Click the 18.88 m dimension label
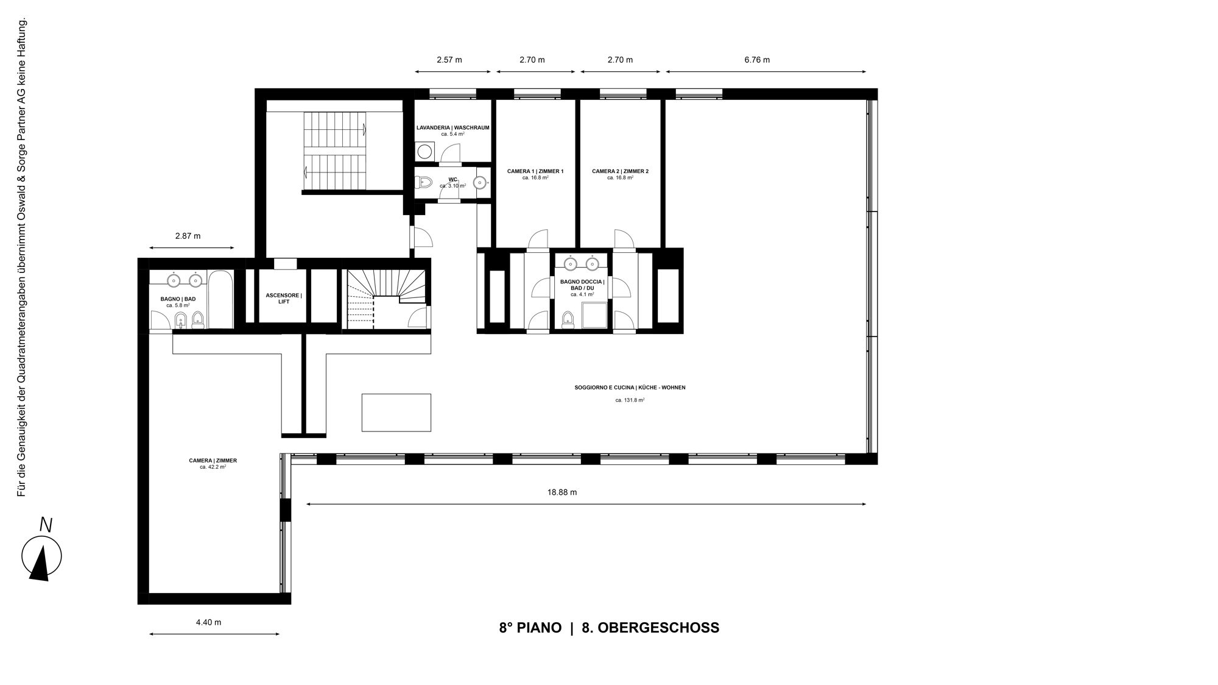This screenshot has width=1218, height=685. point(561,492)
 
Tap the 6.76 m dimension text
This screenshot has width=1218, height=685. point(757,60)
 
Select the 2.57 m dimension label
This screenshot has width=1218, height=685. point(449,60)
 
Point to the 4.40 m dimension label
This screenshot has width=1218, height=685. point(208,622)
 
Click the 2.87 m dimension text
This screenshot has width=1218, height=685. point(188,236)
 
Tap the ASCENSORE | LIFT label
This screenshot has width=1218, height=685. point(283,299)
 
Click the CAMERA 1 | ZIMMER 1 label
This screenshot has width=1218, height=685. point(535,171)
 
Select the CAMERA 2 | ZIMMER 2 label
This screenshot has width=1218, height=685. point(620,171)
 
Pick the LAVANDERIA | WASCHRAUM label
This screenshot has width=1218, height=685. point(452,128)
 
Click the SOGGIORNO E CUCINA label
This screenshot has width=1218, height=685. point(630,388)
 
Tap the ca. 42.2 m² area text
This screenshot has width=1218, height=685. point(213,467)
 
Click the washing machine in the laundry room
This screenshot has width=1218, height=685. point(425,151)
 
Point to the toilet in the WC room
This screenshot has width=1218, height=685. point(423,182)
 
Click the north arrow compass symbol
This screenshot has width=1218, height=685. point(41,556)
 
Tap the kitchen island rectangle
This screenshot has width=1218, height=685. point(396,413)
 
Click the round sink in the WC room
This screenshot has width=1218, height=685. point(481,182)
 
